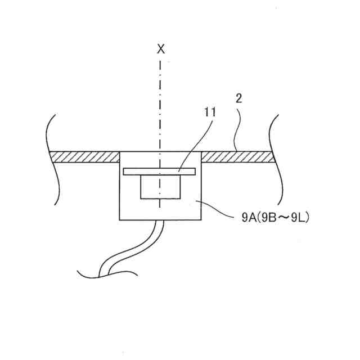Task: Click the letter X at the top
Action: tap(161, 49)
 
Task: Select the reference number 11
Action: tap(210, 112)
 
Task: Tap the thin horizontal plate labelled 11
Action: tap(159, 170)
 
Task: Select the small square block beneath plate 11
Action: tap(160, 186)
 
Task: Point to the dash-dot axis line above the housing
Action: tap(161, 101)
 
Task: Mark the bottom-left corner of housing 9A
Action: tap(120, 219)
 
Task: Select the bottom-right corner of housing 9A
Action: tap(201, 219)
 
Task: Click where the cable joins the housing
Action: tap(160, 220)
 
